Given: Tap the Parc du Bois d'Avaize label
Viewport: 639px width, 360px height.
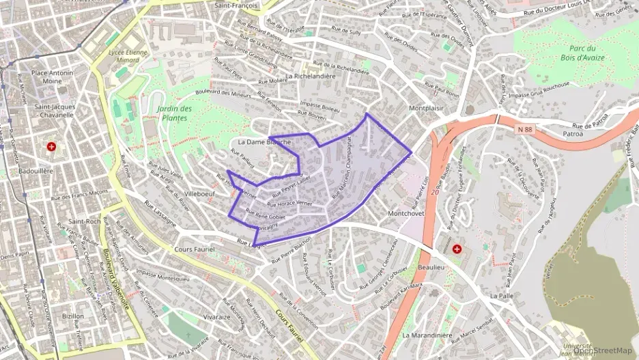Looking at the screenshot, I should tap(582, 53).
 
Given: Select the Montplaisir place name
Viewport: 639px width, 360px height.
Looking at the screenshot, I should tap(427, 108).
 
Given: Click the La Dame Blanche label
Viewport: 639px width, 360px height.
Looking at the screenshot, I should tap(264, 142).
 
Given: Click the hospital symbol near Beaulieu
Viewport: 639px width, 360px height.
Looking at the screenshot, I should tap(457, 250).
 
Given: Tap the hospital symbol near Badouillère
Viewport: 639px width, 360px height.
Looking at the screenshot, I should tap(51, 146).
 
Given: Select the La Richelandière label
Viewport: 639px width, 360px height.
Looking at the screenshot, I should tap(311, 77).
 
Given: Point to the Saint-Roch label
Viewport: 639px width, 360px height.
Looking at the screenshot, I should tap(85, 221).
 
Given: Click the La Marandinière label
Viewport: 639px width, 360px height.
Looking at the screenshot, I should tap(427, 335).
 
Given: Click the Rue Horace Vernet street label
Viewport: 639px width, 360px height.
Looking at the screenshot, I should tap(289, 204).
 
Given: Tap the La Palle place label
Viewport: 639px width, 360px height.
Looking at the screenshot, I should tap(501, 296).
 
